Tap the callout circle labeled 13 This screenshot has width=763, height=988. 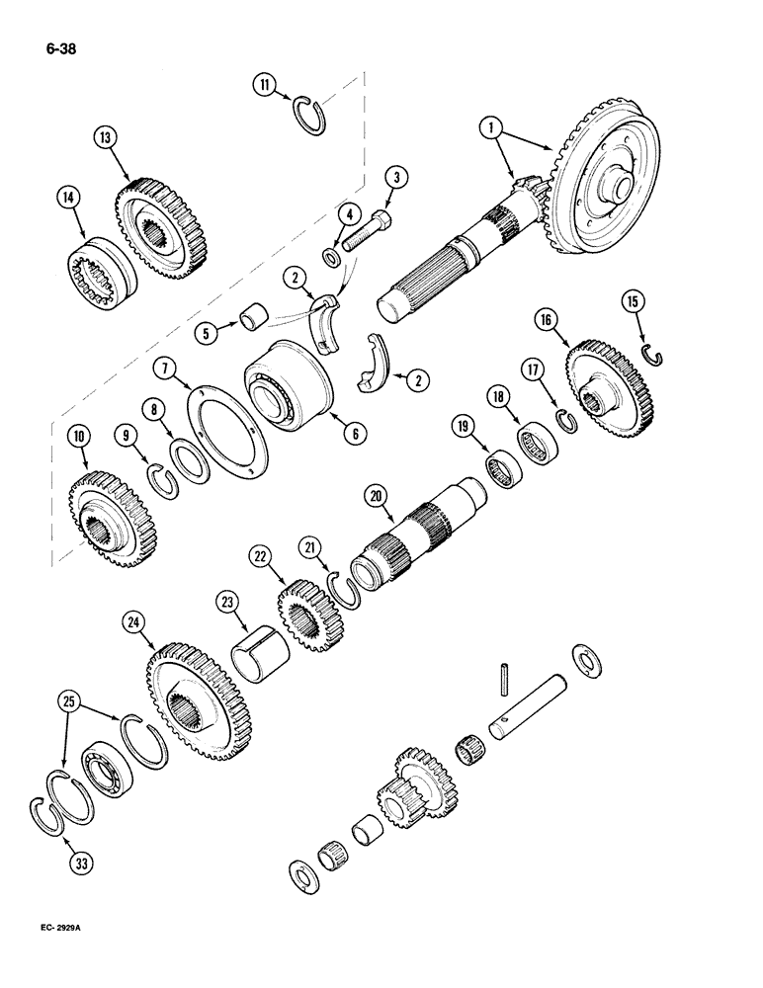pos(106,136)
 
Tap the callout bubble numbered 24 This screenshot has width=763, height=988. pos(133,621)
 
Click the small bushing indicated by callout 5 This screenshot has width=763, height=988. pos(252,320)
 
